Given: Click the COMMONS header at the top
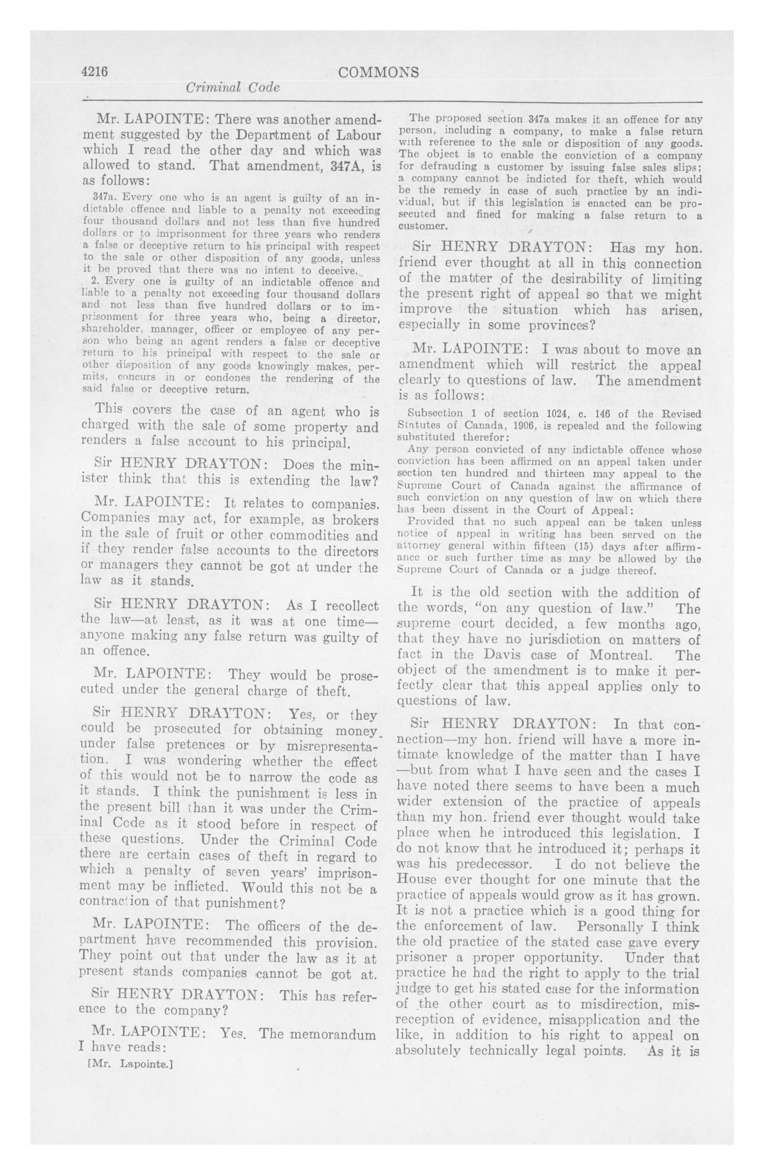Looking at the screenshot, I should (378, 73).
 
